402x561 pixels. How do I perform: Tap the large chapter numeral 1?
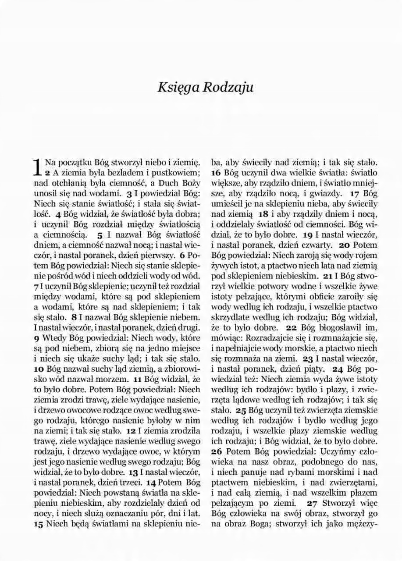(39, 167)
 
